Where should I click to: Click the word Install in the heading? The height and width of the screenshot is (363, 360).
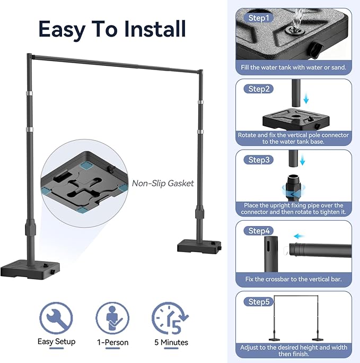coord(155,29)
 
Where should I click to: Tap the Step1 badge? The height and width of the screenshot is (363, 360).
coord(259,18)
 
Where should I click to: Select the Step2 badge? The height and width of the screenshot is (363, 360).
coord(259,89)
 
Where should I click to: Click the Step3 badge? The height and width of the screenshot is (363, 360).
coord(259,160)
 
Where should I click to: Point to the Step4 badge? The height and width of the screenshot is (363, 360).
coord(259,230)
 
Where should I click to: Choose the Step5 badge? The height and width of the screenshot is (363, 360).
coord(259,301)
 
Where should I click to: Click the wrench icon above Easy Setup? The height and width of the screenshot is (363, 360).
coord(56,318)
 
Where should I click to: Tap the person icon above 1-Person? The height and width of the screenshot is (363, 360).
coord(112,318)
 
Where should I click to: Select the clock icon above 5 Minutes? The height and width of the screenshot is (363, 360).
coord(170,318)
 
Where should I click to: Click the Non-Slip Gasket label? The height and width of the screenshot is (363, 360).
coord(163,183)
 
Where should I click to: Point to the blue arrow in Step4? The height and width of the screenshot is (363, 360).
coord(299,236)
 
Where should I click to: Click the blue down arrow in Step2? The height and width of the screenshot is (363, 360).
coord(306,99)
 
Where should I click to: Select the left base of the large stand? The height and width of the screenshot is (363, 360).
coord(30,270)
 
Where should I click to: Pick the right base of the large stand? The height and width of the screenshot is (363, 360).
coord(199,246)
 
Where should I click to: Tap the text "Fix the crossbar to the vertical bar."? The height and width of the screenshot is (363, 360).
coord(293,279)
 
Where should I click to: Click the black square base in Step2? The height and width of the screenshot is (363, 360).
coord(296,119)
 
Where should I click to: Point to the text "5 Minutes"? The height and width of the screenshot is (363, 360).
coord(171,342)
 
